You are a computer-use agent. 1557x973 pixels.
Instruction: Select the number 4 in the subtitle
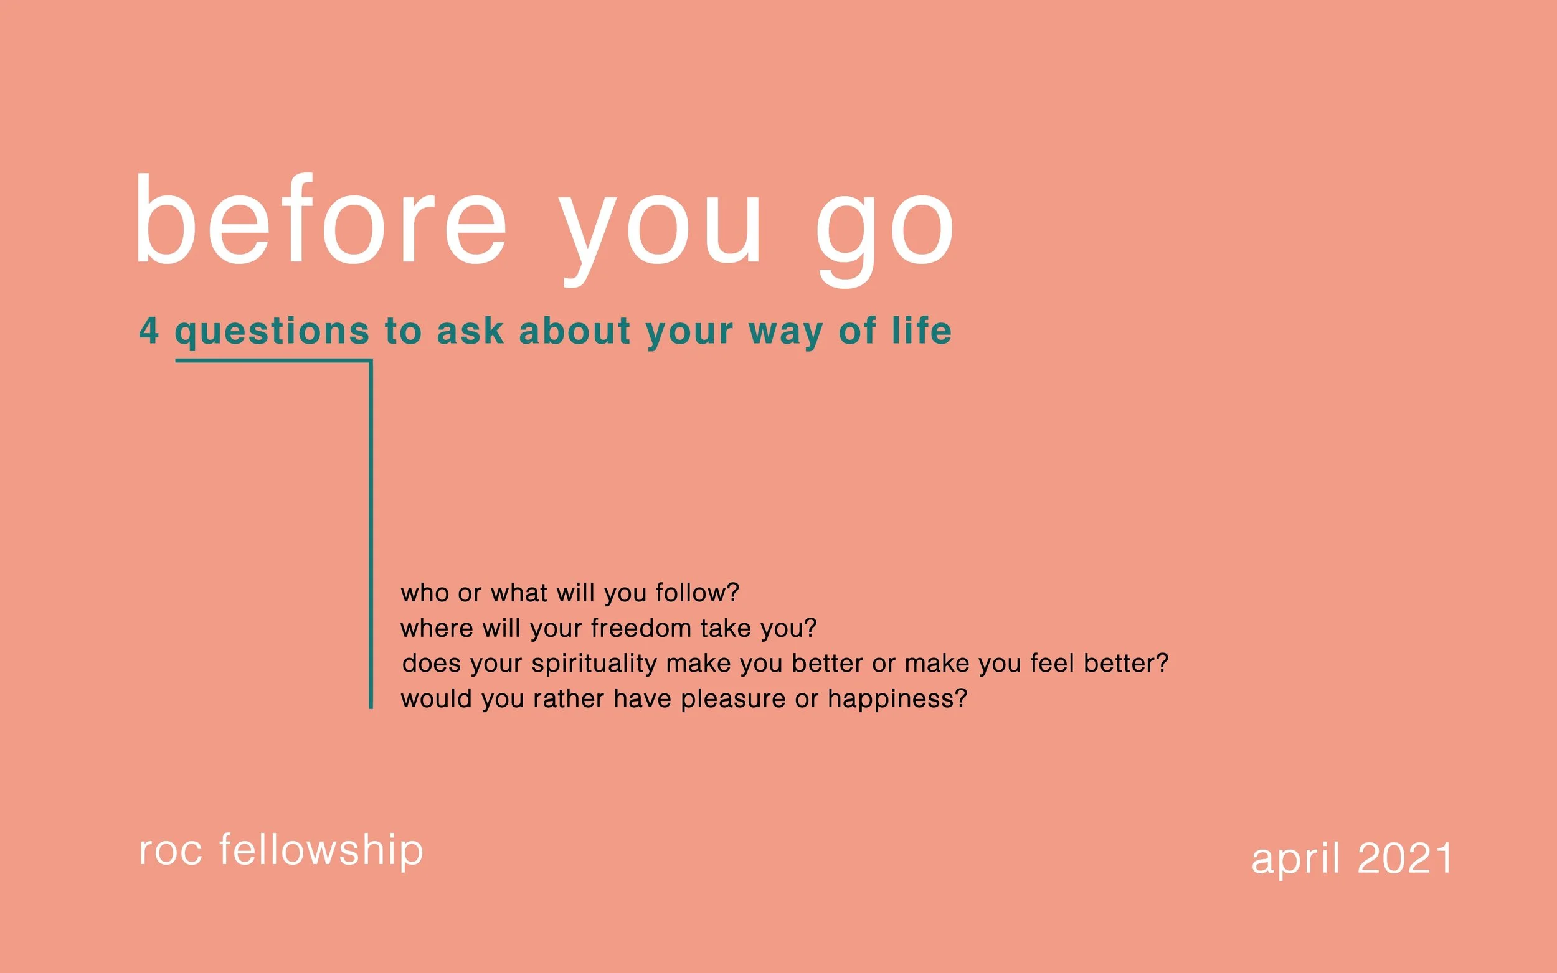tap(149, 331)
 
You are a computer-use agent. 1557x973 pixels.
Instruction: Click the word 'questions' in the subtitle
tap(272, 332)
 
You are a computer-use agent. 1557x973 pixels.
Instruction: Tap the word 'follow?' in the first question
tap(697, 593)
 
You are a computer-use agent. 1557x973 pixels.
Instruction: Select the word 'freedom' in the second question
tap(640, 628)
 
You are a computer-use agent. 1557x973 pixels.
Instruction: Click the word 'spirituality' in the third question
tap(594, 664)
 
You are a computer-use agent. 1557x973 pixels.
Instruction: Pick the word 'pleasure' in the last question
tap(733, 700)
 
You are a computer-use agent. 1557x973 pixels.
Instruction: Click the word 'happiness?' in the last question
tap(897, 700)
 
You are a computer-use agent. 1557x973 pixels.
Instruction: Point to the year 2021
tap(1404, 858)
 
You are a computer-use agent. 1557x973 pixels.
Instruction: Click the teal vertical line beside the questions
tap(371, 534)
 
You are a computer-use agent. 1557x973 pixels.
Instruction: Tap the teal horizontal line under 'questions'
tap(273, 361)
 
